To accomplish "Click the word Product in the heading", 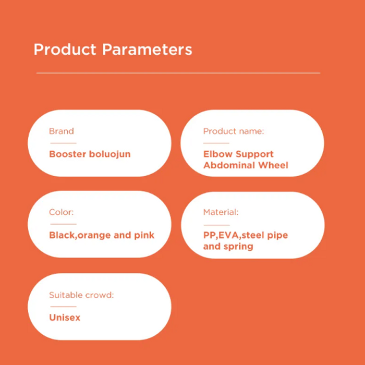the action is [65, 50].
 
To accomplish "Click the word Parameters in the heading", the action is [147, 50].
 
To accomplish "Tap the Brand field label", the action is [62, 131].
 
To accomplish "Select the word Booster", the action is [68, 154].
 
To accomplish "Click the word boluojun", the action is [110, 154].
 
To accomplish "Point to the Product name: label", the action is [234, 131].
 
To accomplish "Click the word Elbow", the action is [218, 154].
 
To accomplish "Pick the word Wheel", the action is [273, 165].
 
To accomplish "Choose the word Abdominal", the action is [229, 165].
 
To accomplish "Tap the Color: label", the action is [61, 212].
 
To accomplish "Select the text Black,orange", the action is [80, 236].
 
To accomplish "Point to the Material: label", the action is [221, 212].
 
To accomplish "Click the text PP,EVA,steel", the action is [234, 235].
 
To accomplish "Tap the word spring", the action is [238, 247].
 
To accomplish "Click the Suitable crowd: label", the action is [81, 295].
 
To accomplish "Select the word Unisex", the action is [65, 318].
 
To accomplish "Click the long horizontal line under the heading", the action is [178, 73].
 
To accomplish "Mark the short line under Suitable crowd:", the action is [63, 307].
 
